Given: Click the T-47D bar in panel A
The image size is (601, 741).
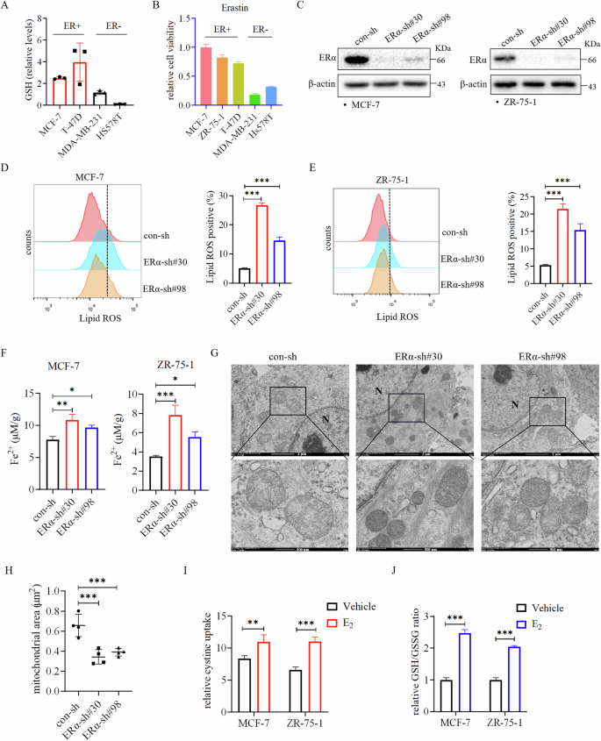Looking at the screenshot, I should coord(78,83).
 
